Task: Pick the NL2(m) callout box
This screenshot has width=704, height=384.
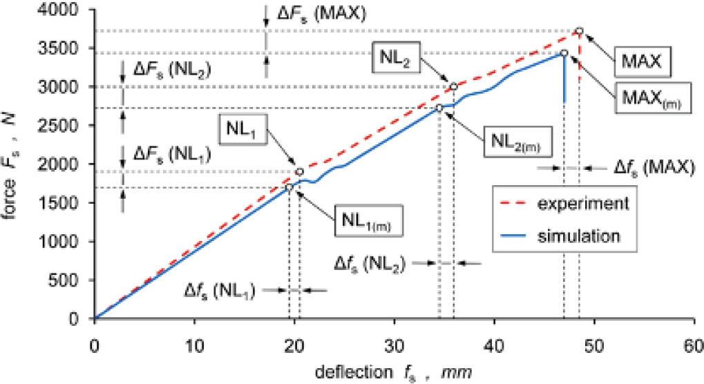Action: (x=515, y=142)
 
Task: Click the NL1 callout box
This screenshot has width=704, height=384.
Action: (x=240, y=129)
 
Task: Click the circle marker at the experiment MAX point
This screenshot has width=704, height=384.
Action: (x=579, y=31)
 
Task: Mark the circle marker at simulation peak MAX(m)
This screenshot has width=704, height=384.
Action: (x=564, y=53)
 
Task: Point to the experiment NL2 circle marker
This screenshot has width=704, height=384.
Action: (x=454, y=86)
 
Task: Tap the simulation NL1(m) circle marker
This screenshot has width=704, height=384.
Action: (x=289, y=187)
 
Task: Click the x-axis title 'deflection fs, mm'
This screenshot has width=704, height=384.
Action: (x=394, y=373)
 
